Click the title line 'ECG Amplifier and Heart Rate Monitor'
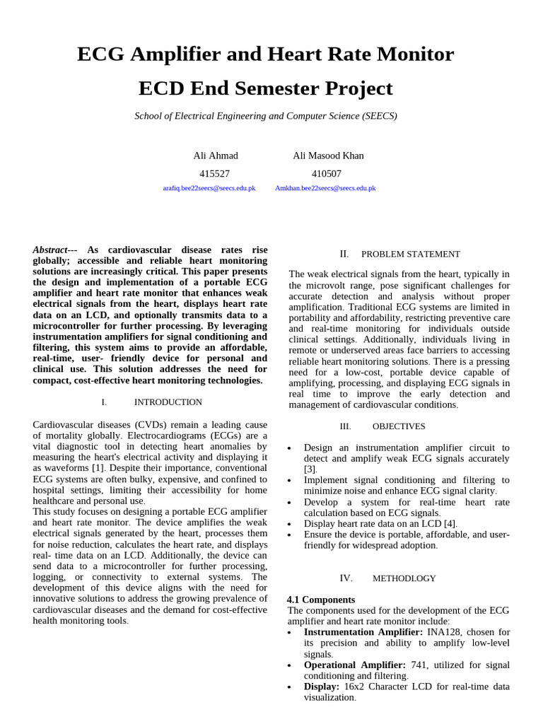[265, 54]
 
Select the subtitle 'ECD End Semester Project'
[265, 89]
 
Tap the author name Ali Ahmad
[216, 156]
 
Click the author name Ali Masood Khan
[328, 156]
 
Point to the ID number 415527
[214, 173]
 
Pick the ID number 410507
[327, 173]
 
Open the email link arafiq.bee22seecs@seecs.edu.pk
[209, 189]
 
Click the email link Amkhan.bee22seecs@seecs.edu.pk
[325, 189]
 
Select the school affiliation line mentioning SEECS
[265, 116]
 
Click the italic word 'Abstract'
[50, 250]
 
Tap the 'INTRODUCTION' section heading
[168, 402]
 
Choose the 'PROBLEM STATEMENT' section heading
[410, 255]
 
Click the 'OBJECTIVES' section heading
[399, 426]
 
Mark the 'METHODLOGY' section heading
[404, 578]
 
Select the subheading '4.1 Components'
[321, 600]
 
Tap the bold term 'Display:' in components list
[322, 687]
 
